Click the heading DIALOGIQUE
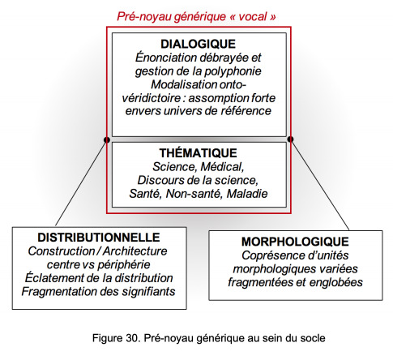point(198,44)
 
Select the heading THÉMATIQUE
point(198,153)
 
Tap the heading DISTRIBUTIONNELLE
point(99,238)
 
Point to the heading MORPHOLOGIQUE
point(295,242)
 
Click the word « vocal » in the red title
point(253,16)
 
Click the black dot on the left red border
point(107,139)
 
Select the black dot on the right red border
point(290,139)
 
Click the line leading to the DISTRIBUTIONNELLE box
point(81,182)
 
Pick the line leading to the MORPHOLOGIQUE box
point(320,185)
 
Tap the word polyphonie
point(233,71)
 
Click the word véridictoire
point(151,98)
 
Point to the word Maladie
point(247,194)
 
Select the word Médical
point(222,167)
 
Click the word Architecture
point(135,251)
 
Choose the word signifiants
point(148,292)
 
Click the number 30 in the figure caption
point(131,338)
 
